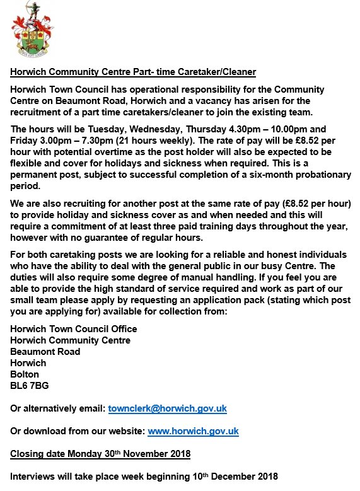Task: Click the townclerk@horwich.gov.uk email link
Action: click(167, 408)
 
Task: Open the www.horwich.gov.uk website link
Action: click(192, 431)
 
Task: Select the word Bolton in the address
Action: click(25, 374)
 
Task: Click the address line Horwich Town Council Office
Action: click(74, 329)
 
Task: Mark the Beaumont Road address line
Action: click(45, 352)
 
